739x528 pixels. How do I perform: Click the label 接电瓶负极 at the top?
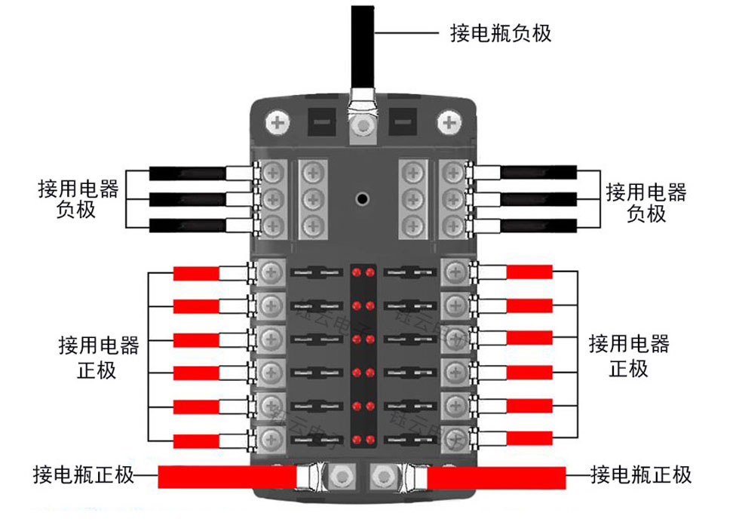pyautogui.click(x=501, y=33)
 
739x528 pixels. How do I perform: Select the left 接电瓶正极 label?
pyautogui.click(x=83, y=475)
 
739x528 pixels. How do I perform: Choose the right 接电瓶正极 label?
pyautogui.click(x=641, y=475)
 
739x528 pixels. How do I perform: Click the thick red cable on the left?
pyautogui.click(x=226, y=477)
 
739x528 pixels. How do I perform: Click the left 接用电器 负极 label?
pyautogui.click(x=78, y=199)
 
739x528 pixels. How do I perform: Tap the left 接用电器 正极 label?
pyautogui.click(x=99, y=357)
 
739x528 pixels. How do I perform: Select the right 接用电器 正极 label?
pyautogui.click(x=629, y=356)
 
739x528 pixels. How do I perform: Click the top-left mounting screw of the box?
pyautogui.click(x=278, y=121)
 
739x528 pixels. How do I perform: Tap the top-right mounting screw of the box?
pyautogui.click(x=450, y=121)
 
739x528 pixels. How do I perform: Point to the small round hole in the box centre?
pyautogui.click(x=363, y=199)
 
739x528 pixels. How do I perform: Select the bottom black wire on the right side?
pyautogui.click(x=539, y=225)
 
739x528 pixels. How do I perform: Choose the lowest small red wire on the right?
pyautogui.click(x=529, y=438)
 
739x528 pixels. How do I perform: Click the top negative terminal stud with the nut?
pyautogui.click(x=363, y=123)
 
